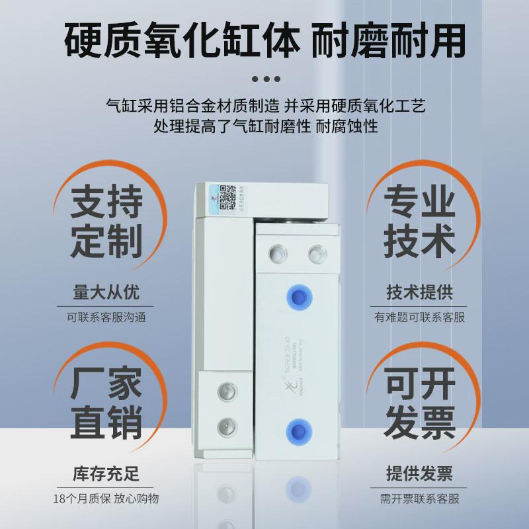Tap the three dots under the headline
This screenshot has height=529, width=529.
[264, 79]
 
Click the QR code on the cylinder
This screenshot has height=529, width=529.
[229, 196]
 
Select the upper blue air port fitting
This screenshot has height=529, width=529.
[297, 296]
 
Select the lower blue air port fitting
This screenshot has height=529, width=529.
[297, 432]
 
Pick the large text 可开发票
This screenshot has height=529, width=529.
[421, 401]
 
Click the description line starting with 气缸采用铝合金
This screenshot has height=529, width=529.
[264, 106]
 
